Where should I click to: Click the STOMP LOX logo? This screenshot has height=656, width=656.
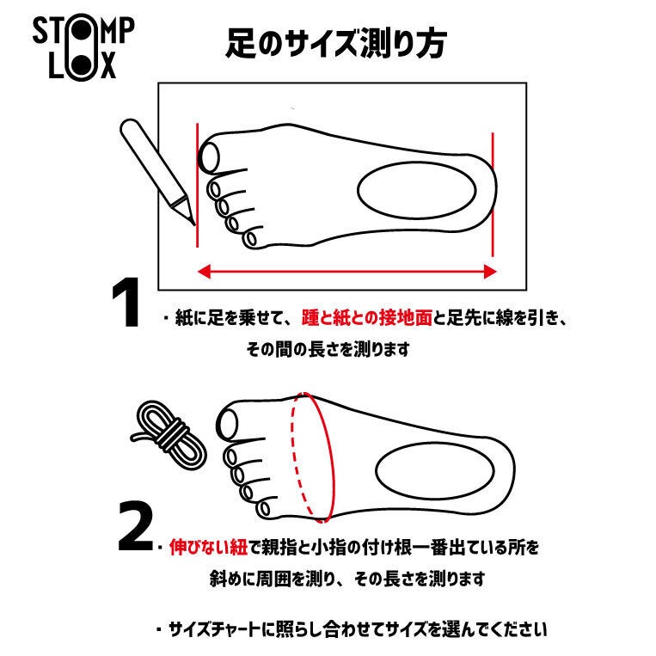(x=83, y=47)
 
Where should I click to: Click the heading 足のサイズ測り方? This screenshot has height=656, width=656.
(x=336, y=44)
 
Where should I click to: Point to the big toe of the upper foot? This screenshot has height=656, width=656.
(x=210, y=157)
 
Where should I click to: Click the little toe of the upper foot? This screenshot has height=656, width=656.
(x=250, y=239)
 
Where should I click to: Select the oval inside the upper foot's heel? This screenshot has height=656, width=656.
(x=417, y=190)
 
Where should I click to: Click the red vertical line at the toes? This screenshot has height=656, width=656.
(x=197, y=185)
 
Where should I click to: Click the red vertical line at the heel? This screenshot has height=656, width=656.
(x=493, y=194)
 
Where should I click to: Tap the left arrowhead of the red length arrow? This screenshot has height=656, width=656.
(x=204, y=272)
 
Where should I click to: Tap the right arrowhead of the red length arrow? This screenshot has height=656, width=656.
(x=490, y=272)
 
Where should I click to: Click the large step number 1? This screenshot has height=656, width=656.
(x=126, y=302)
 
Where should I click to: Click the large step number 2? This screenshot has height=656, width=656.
(x=135, y=526)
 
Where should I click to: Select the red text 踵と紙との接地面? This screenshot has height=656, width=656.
(x=367, y=318)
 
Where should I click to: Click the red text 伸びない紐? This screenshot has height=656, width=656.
(x=208, y=547)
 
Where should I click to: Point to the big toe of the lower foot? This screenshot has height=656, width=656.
(x=227, y=424)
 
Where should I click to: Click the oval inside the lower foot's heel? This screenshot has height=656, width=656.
(x=435, y=470)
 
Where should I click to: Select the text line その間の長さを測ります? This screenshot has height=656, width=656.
(x=328, y=349)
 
